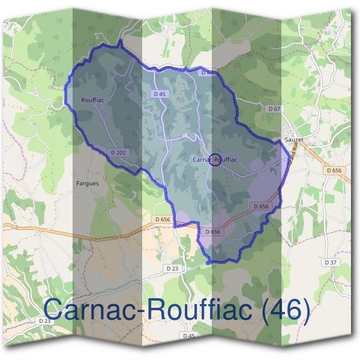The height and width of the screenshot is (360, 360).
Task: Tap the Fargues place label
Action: click(88, 183)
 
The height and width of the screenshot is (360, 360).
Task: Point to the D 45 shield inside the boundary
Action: click(159, 94)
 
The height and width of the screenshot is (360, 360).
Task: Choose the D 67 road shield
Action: click(274, 109)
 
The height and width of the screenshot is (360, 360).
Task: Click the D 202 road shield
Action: click(119, 153)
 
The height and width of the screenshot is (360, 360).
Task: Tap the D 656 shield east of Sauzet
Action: click(334, 170)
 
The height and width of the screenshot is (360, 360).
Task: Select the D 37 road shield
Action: click(330, 262)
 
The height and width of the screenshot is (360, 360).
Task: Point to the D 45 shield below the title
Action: click(188, 336)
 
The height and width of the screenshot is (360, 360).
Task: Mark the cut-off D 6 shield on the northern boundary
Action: click(206, 73)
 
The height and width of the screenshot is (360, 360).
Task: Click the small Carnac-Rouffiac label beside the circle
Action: click(215, 160)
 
